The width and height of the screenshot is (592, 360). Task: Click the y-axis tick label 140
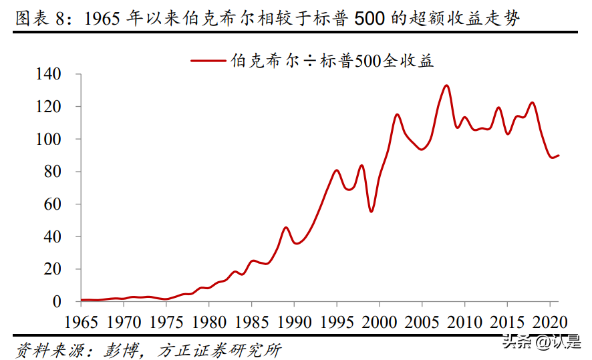coord(48,74)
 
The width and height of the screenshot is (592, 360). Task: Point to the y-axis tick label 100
coord(48,139)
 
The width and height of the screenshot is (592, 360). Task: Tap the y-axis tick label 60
coord(53,204)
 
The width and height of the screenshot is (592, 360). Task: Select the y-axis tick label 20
coord(53,269)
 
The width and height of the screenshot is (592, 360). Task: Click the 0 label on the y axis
coord(57,301)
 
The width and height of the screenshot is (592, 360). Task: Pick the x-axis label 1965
coord(81,323)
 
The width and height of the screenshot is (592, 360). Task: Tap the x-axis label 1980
coord(209,323)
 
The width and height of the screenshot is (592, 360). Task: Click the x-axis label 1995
coord(337,323)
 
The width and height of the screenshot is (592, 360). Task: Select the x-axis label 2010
coord(465,323)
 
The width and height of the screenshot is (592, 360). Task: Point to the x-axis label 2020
coord(550,323)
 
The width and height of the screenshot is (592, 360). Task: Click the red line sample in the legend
coord(208,60)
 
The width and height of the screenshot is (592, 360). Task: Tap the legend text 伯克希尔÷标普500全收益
coord(332,60)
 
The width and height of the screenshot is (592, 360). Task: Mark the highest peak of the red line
coord(446,85)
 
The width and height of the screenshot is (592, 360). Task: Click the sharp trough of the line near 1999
coord(371,211)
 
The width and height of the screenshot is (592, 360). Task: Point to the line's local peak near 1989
coord(286,228)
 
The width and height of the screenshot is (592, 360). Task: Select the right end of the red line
coord(559,156)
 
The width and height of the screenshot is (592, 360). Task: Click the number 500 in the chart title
coord(369,18)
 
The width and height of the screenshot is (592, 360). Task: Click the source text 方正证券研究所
coord(219,351)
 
